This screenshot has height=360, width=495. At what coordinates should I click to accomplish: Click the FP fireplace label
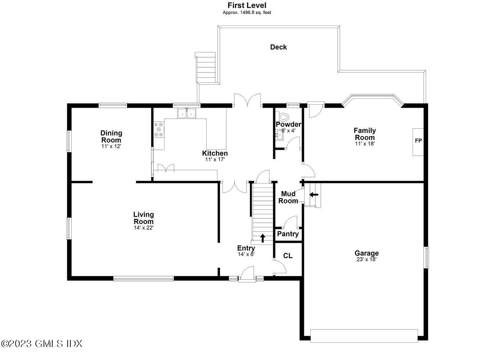[x=418, y=140]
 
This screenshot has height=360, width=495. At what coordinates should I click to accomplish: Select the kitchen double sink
[x=186, y=113]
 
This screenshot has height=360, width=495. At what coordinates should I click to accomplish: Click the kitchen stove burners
[x=159, y=130]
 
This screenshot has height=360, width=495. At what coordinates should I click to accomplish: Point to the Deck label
[x=278, y=47]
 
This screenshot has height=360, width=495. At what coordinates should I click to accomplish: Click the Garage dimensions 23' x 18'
[x=366, y=259]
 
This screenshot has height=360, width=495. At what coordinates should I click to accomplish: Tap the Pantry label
[x=288, y=234]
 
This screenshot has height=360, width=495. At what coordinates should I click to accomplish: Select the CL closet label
[x=288, y=256]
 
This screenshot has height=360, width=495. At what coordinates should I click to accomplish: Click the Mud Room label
[x=288, y=197]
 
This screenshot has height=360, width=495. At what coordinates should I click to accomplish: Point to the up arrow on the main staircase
[x=262, y=238]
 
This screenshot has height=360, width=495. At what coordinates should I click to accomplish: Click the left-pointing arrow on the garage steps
[x=314, y=195]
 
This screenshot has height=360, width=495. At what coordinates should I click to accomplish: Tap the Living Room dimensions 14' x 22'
[x=144, y=228]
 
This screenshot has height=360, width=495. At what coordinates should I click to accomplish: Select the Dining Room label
[x=111, y=136]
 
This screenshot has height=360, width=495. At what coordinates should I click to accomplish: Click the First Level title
[x=247, y=5]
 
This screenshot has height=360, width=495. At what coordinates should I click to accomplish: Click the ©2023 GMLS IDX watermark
[x=41, y=343]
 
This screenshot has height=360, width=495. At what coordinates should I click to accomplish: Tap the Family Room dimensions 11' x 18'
[x=365, y=144]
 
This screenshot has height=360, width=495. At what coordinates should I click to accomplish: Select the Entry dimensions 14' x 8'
[x=246, y=254]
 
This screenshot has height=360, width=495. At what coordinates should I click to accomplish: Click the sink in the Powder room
[x=280, y=135]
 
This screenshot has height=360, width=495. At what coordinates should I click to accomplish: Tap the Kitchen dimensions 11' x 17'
[x=215, y=159]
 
